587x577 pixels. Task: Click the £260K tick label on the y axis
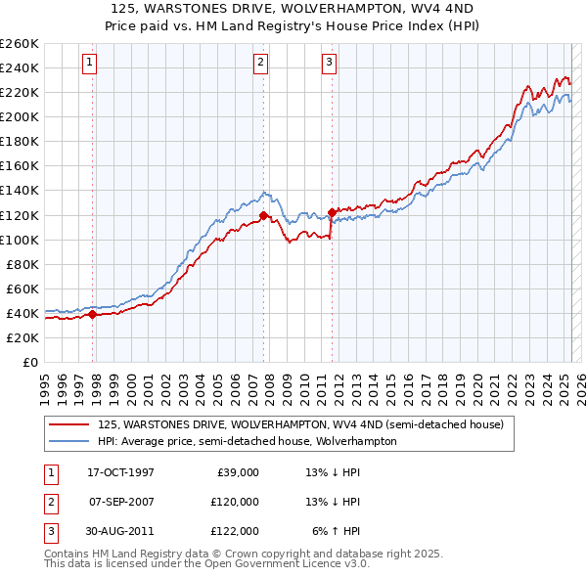[20, 44]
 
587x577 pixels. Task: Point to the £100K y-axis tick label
[20, 240]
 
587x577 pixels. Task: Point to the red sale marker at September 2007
[263, 215]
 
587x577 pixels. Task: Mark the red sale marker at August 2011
[332, 212]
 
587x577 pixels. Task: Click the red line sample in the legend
[68, 424]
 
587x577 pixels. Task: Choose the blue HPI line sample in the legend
[68, 441]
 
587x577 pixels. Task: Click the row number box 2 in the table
[49, 502]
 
